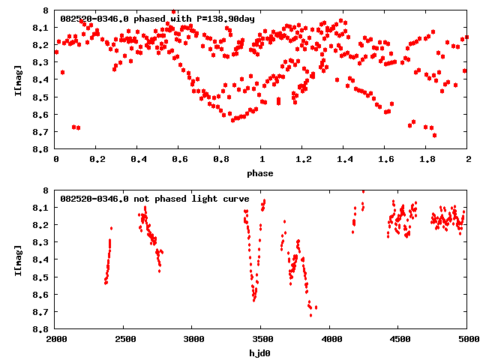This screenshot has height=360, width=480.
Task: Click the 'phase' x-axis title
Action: point(262,173)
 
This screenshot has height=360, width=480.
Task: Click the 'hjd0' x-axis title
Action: point(262,353)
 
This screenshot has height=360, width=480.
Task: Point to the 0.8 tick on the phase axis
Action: point(220,160)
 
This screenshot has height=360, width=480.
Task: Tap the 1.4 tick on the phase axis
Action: point(344,160)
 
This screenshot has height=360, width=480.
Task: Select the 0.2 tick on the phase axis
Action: point(97,160)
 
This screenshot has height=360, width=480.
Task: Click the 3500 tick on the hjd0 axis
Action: point(262,340)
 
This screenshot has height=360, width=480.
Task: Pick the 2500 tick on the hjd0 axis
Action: point(124,340)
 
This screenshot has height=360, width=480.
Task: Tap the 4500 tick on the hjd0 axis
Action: point(399,340)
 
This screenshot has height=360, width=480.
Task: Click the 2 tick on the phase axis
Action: point(468,160)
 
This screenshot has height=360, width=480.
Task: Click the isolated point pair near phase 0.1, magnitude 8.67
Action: point(76,127)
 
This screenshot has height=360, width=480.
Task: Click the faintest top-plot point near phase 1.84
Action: point(434,135)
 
